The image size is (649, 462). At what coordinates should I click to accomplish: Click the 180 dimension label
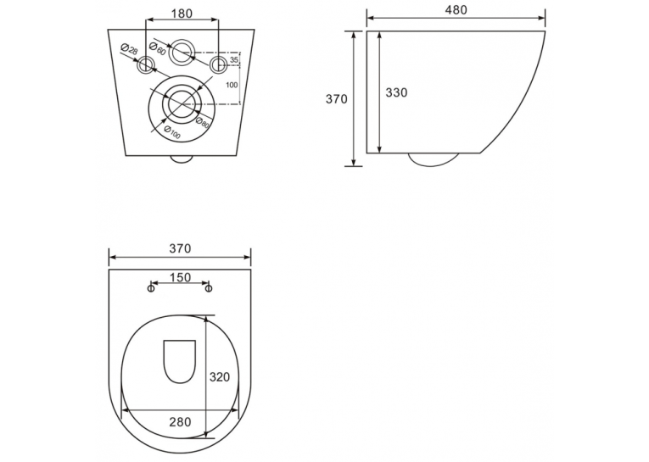pyautogui.click(x=182, y=14)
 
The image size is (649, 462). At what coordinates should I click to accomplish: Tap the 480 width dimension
pyautogui.click(x=456, y=10)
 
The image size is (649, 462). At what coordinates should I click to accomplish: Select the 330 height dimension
pyautogui.click(x=396, y=92)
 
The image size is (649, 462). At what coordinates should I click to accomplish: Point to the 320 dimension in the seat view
pyautogui.click(x=220, y=376)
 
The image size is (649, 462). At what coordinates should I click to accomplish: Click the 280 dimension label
pyautogui.click(x=180, y=421)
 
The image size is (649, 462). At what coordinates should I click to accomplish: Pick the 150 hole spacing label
pyautogui.click(x=180, y=277)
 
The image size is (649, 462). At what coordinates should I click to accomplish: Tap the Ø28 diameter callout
pyautogui.click(x=129, y=50)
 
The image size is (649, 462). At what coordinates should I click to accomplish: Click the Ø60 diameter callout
pyautogui.click(x=157, y=48)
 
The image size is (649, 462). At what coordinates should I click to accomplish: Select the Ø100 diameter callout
pyautogui.click(x=171, y=132)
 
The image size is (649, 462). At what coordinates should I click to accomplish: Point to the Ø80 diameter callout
pyautogui.click(x=203, y=121)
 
